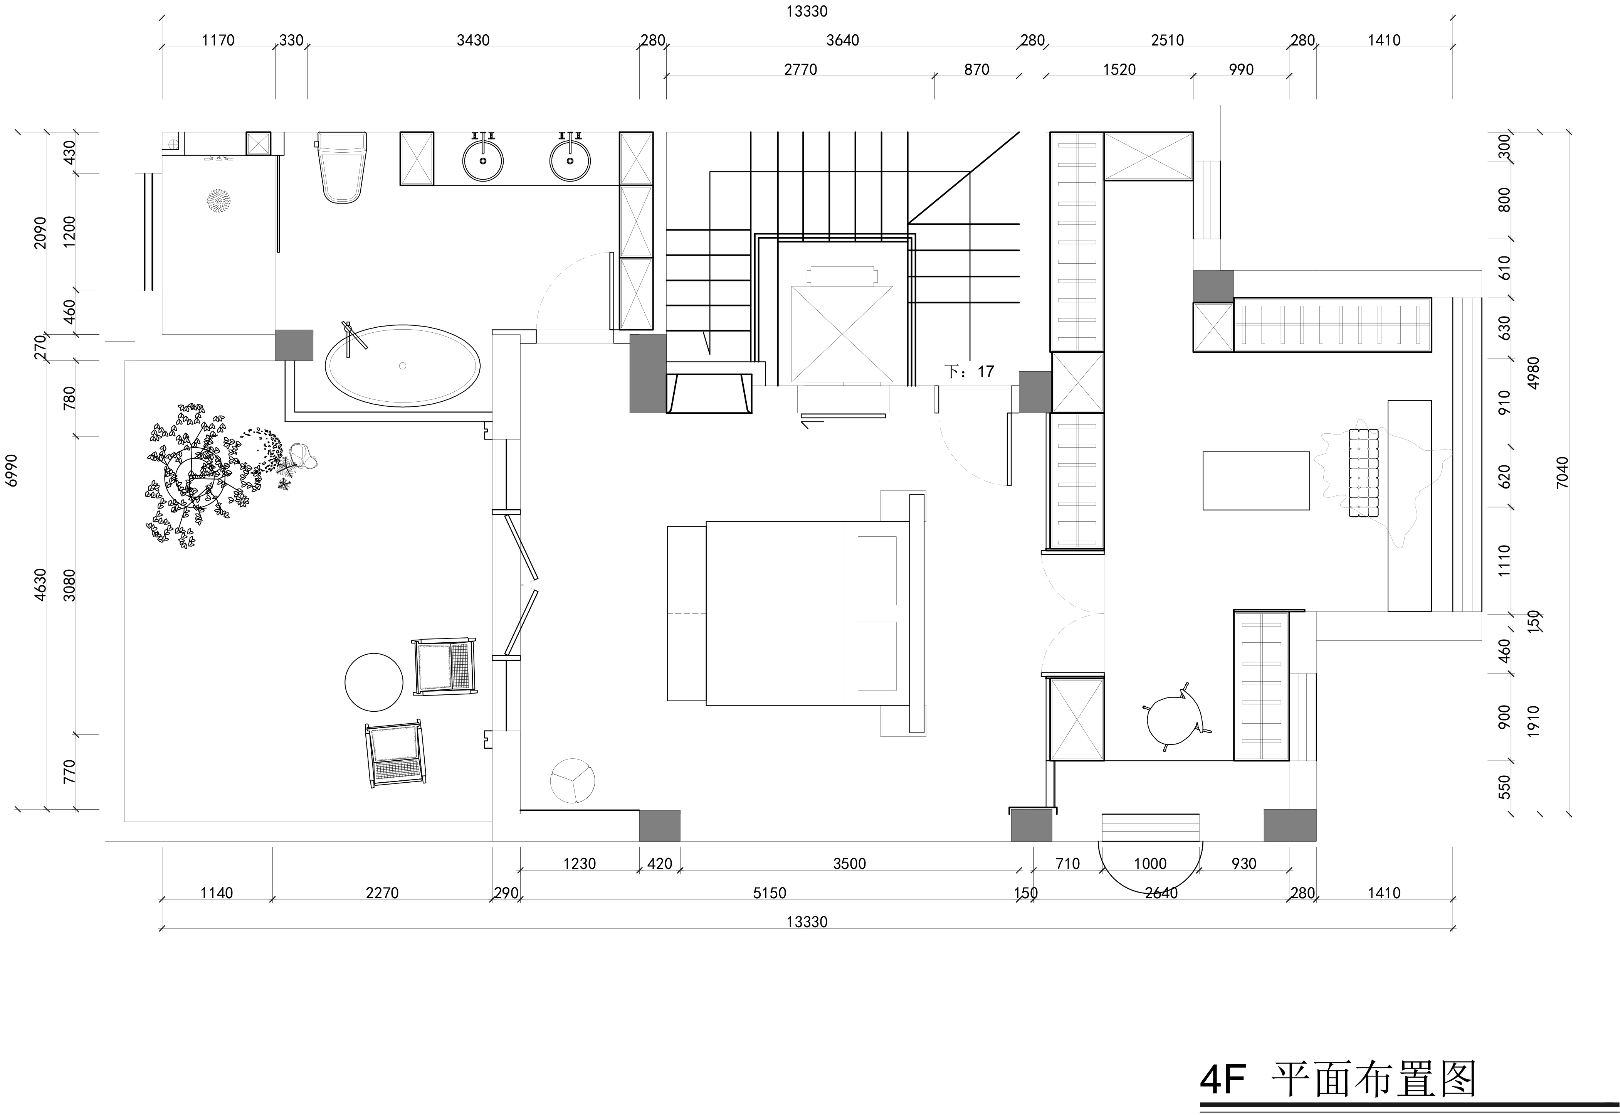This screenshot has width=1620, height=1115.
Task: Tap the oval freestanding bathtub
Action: click(403, 365)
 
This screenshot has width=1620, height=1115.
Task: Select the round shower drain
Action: click(219, 200)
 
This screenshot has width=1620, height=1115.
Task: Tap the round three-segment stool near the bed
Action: click(573, 781)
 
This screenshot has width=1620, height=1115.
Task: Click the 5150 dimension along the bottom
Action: click(770, 893)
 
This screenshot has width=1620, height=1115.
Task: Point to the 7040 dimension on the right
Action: click(1563, 472)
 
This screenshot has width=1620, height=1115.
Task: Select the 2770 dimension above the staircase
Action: click(800, 69)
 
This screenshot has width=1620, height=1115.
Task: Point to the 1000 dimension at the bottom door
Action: click(1150, 864)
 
